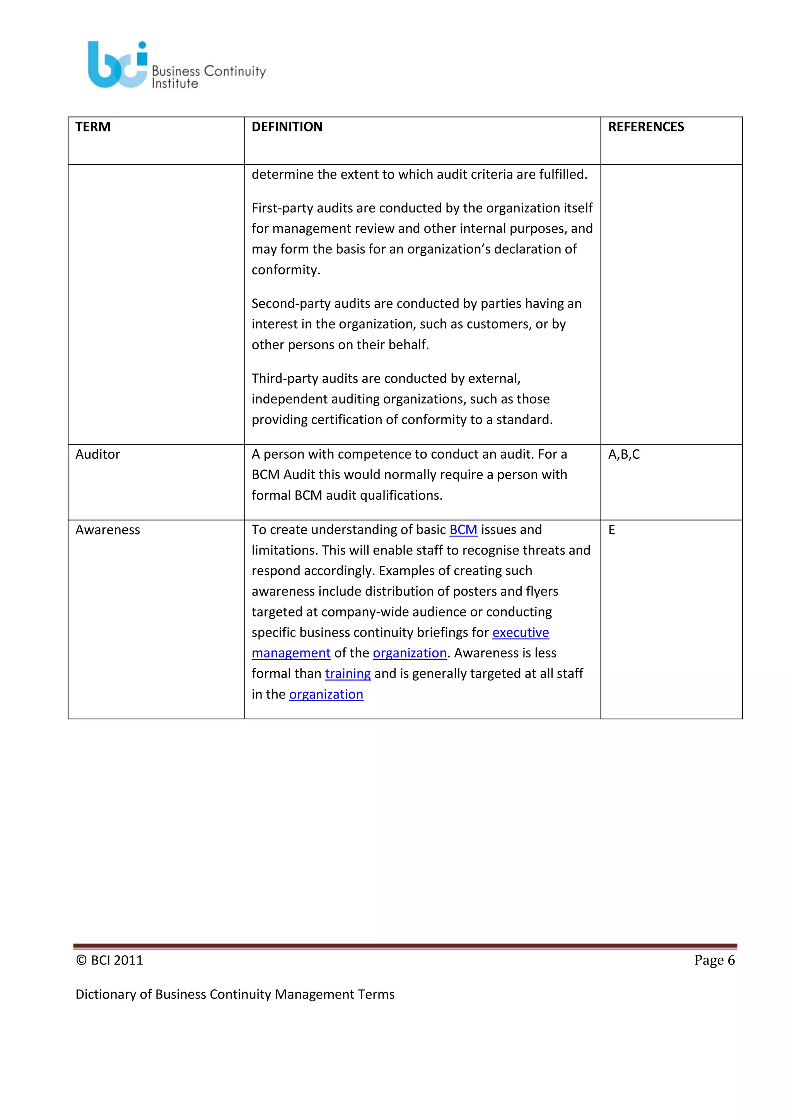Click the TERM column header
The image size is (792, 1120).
(x=93, y=127)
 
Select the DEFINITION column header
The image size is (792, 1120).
(x=287, y=127)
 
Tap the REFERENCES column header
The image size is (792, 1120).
(x=646, y=127)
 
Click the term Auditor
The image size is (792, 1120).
(x=97, y=454)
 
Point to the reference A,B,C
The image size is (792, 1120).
(x=624, y=454)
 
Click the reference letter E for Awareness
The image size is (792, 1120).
(x=611, y=530)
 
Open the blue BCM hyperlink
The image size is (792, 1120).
(x=463, y=530)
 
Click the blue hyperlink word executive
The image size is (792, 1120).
(x=521, y=633)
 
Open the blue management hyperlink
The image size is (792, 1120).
(x=291, y=653)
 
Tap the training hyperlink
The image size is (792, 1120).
(x=348, y=674)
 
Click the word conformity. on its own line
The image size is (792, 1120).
(x=286, y=270)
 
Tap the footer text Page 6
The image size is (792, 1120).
(x=714, y=960)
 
